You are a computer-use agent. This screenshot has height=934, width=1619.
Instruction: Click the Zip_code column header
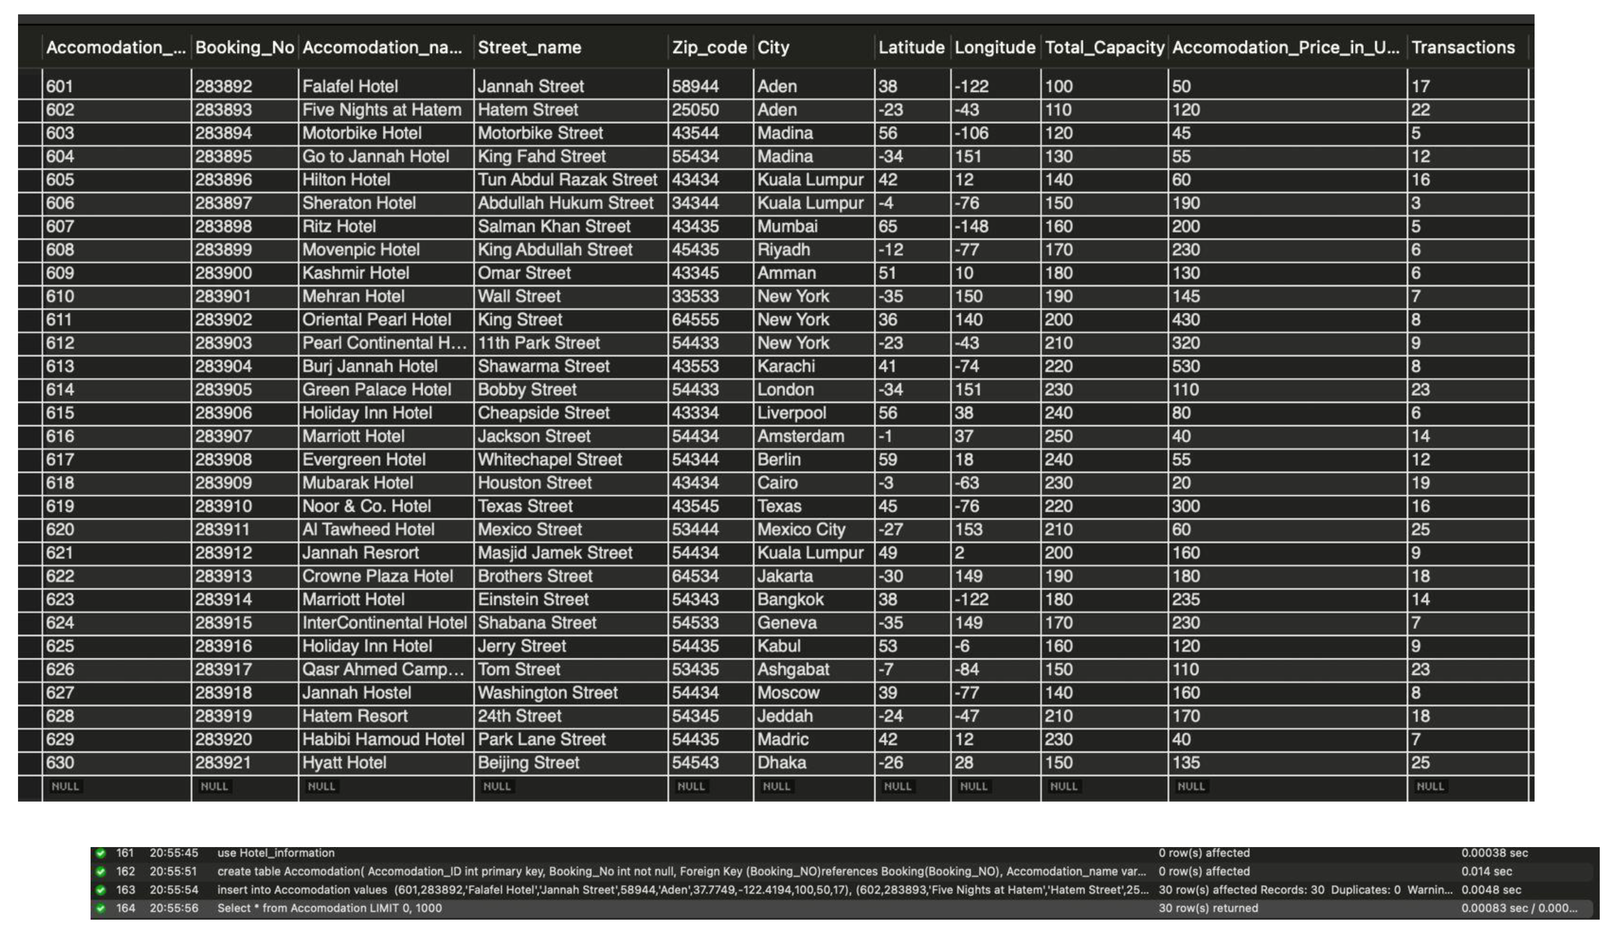point(709,48)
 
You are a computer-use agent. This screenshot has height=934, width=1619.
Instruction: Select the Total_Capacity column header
point(1104,48)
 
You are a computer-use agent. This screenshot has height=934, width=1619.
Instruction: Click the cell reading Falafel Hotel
point(350,87)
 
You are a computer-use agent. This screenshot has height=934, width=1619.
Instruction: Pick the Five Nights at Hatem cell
point(382,110)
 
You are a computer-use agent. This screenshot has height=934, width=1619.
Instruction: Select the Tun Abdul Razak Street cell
point(567,180)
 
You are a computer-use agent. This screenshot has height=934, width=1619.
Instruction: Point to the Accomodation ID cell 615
point(60,413)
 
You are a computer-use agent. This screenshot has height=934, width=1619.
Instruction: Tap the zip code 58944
point(695,87)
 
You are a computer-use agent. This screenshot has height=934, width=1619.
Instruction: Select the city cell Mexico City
point(801,530)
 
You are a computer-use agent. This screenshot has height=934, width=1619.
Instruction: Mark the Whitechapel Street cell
point(550,460)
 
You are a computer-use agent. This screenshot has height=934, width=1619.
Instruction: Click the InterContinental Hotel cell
point(384,623)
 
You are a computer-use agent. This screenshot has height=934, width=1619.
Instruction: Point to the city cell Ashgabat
point(793,670)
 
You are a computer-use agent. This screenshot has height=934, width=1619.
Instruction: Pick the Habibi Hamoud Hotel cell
point(383,740)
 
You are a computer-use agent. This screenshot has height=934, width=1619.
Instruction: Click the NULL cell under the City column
point(776,786)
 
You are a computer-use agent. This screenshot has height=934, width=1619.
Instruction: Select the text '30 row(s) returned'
point(1208,908)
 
